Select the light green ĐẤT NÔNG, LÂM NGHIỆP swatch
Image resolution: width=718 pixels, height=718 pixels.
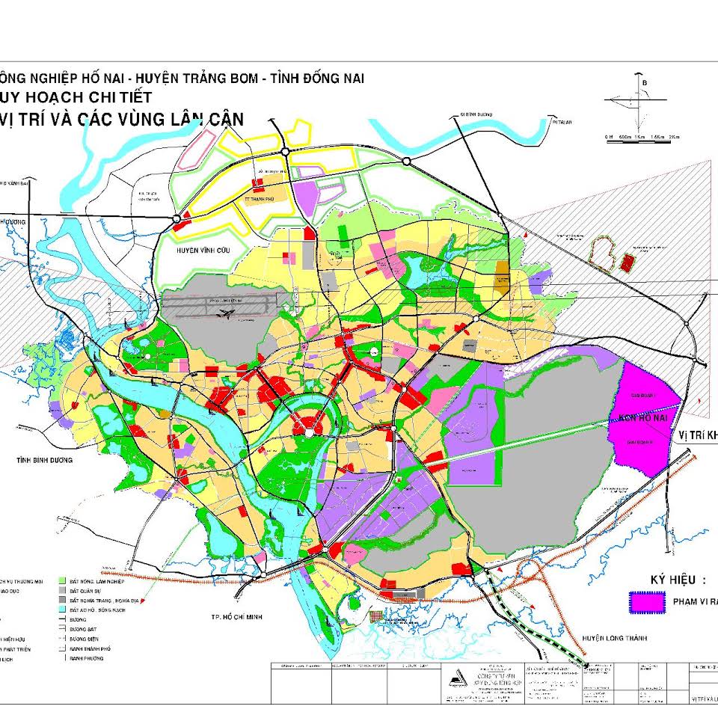coord(62,580)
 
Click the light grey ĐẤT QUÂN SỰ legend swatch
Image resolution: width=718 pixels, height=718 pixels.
coord(62,590)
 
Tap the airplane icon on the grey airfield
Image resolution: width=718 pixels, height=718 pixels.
coord(222,316)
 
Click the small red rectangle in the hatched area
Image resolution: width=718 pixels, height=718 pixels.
coord(627,262)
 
